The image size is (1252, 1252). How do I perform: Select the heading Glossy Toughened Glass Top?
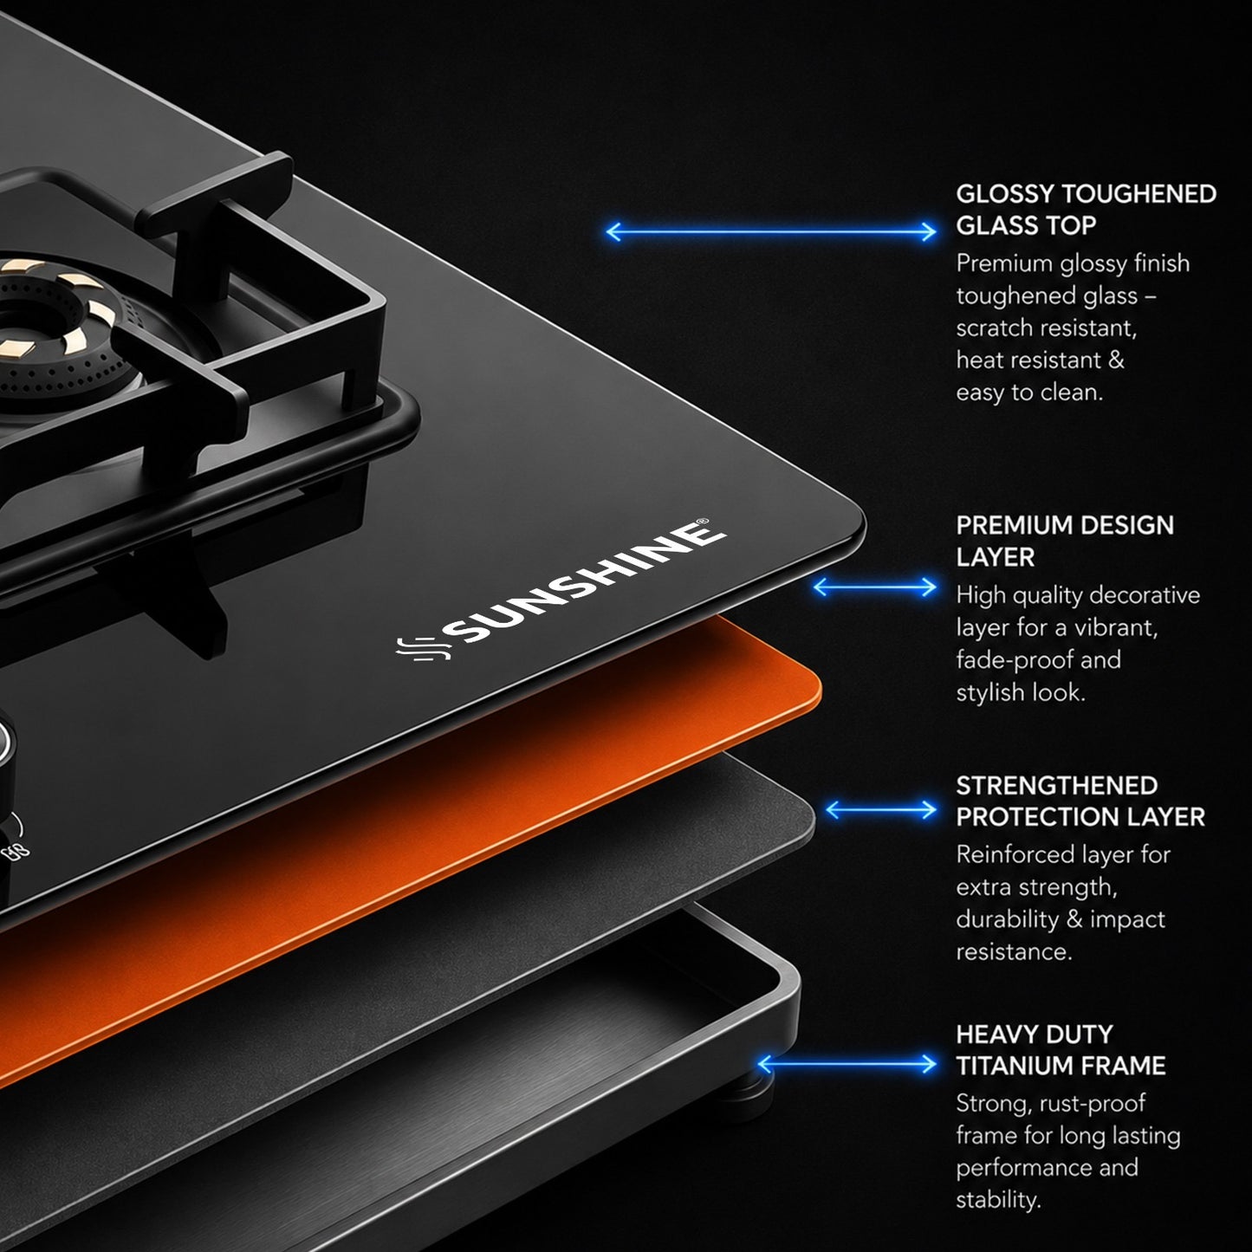pos(1086,209)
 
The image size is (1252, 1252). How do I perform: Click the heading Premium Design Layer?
pos(1065,541)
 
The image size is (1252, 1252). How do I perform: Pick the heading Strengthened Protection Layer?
pos(1080,801)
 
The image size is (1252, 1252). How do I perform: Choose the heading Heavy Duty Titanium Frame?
pos(1061,1050)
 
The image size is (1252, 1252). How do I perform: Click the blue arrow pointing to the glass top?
pos(771,231)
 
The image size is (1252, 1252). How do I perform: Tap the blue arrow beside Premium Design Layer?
pos(875,587)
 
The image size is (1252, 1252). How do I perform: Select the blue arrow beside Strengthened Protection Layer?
pos(881,810)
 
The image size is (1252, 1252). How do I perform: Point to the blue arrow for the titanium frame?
pos(847,1064)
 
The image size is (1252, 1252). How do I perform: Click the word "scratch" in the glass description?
pos(996,328)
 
